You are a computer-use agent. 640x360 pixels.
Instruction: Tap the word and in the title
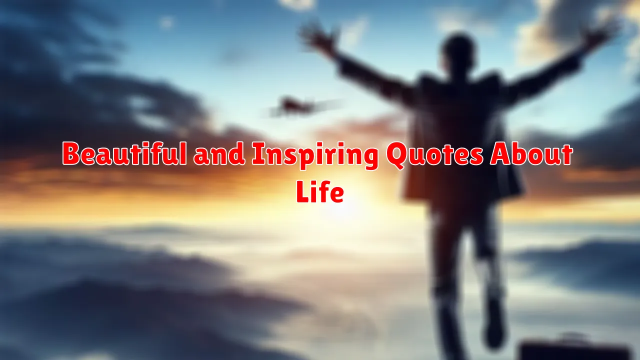[219, 154]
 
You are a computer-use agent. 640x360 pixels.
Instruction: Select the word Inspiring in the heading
[315, 156]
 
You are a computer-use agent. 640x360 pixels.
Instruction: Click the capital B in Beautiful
[71, 154]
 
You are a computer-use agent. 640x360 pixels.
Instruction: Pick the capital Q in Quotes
[396, 155]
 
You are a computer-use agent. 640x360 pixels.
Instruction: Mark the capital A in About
[500, 154]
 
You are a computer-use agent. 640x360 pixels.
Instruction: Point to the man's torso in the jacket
[460, 120]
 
